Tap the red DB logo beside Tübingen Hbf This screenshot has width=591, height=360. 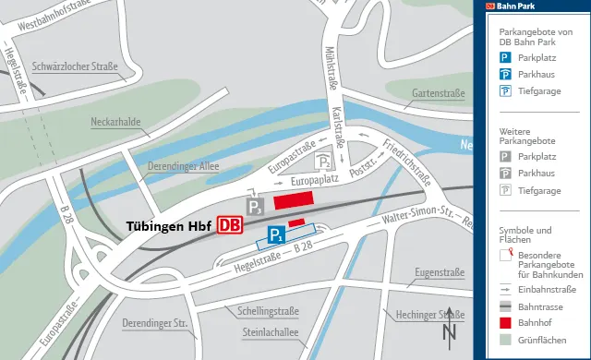pyautogui.click(x=230, y=225)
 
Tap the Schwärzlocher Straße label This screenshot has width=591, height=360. pyautogui.click(x=75, y=66)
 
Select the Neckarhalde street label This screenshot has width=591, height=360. pyautogui.click(x=115, y=122)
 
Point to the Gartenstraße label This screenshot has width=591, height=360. pyautogui.click(x=438, y=93)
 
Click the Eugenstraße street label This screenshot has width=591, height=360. pyautogui.click(x=439, y=272)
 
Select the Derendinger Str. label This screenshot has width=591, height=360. pyautogui.click(x=155, y=323)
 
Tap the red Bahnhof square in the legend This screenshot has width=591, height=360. pyautogui.click(x=505, y=322)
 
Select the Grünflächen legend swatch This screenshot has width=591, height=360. pyautogui.click(x=505, y=340)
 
